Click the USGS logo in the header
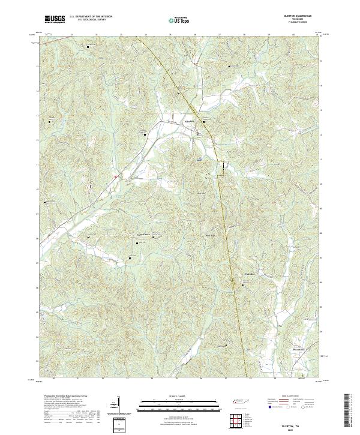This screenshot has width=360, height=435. [55, 19]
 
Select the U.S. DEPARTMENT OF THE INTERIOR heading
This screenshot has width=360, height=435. [91, 17]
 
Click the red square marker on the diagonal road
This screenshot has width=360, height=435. [115, 176]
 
